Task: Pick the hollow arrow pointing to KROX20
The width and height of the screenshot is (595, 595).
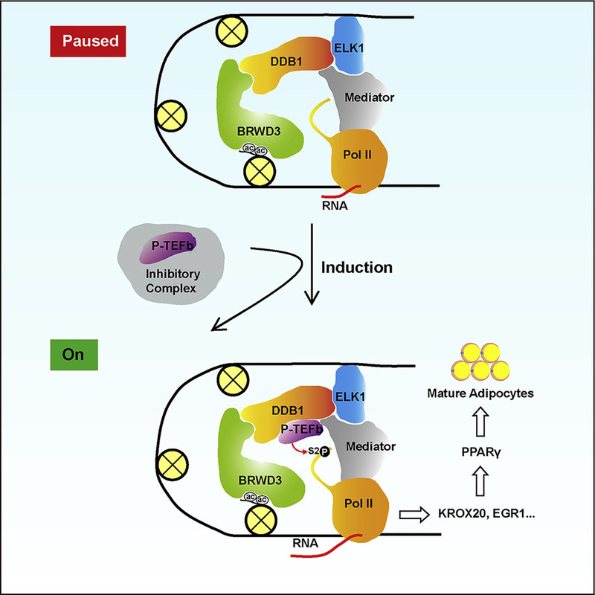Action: click(415, 514)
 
